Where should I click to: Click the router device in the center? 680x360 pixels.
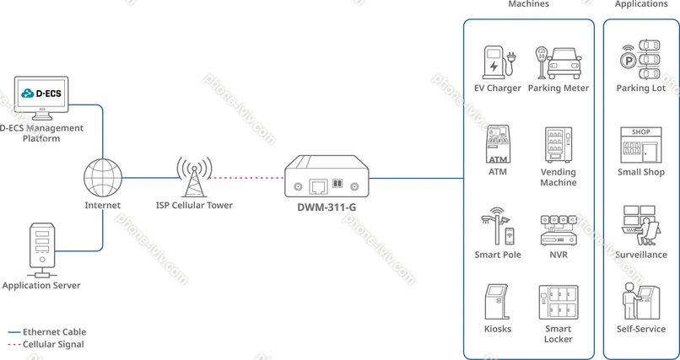(325, 178)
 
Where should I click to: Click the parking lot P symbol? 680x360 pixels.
(627, 60)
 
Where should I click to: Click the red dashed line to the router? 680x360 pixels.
(245, 179)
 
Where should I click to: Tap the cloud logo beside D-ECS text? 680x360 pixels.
(27, 91)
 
